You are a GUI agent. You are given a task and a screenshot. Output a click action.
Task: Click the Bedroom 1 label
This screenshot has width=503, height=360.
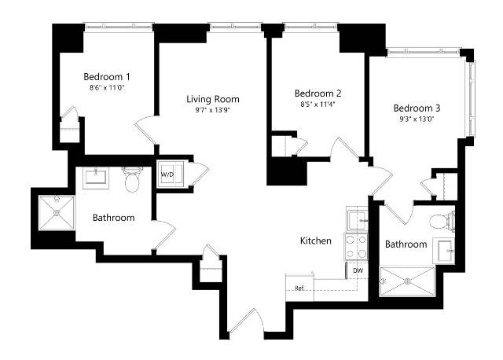coord(107,77)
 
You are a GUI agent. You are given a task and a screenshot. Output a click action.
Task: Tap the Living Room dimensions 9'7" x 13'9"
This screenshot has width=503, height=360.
coord(213,110)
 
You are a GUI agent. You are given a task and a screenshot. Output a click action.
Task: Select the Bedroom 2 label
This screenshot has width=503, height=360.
coord(318,94)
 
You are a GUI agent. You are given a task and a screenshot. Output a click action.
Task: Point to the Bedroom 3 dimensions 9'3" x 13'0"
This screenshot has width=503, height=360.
coord(417,119)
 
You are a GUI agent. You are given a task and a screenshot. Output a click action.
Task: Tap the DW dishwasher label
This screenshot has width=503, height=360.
coord(358,270)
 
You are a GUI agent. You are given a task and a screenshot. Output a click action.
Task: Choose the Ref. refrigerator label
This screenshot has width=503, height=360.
coord(299,288)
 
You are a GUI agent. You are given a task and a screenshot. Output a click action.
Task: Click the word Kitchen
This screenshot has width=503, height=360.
coord(316,241)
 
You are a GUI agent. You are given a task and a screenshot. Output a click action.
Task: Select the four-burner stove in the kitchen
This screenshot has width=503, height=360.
coord(356,246)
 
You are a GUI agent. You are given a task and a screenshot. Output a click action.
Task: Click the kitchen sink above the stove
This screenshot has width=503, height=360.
coord(357,219)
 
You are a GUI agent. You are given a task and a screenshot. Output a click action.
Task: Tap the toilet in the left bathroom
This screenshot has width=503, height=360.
coord(132,180)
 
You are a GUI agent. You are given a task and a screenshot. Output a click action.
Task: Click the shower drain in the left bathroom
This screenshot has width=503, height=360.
coord(57,212)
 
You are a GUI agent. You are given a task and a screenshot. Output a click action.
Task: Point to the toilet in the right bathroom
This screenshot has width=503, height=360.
coord(442,222)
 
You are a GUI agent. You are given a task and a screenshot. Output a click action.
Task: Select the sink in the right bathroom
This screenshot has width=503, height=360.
coord(444,251)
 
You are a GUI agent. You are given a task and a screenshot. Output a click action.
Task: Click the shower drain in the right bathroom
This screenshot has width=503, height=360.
coord(407,281)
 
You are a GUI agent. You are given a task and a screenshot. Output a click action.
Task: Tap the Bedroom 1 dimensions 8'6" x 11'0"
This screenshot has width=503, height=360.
coord(107,88)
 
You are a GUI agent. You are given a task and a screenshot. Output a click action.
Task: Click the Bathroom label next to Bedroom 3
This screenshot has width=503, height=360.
coord(406,244)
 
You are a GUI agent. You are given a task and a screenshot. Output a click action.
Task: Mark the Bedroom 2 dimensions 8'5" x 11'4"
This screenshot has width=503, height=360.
coord(318,105)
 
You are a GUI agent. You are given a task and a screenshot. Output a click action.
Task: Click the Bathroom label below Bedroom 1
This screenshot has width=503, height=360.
coord(113,218)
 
